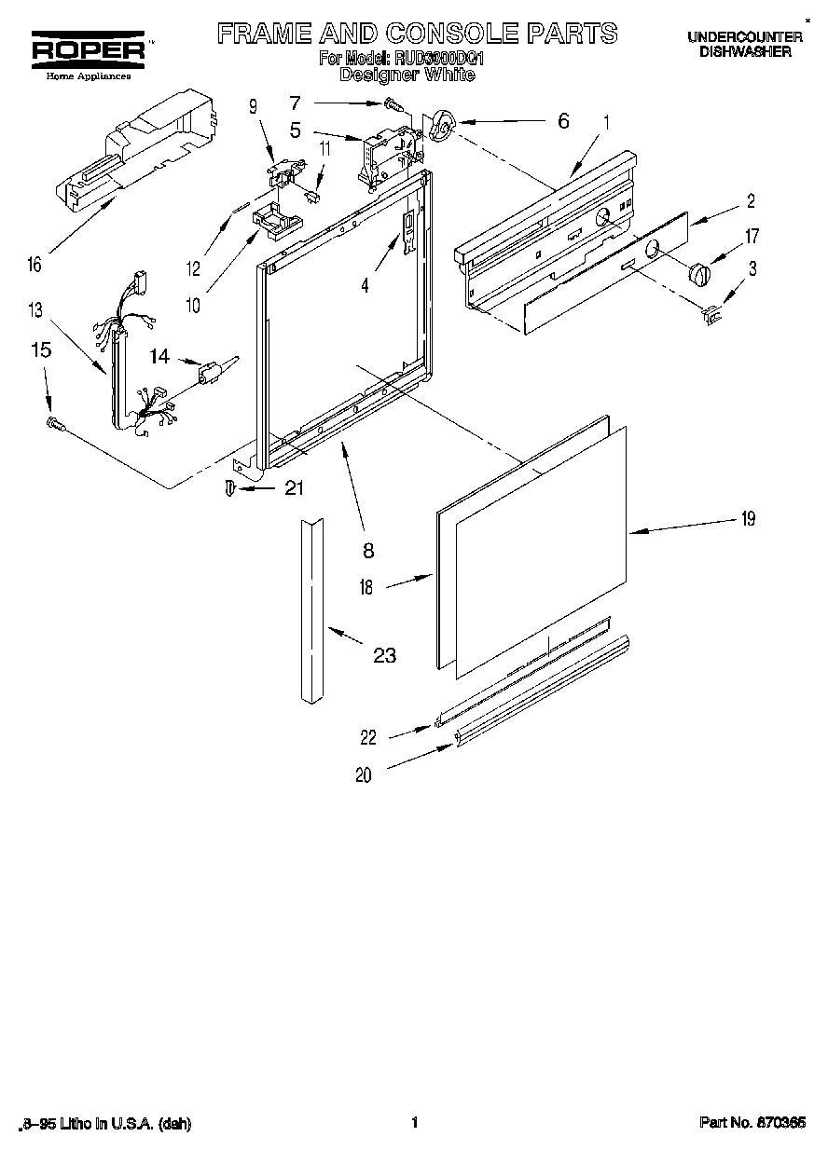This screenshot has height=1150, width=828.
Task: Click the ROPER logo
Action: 83,49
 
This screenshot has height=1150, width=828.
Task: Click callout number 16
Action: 34,265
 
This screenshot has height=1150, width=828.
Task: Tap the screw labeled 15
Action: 55,425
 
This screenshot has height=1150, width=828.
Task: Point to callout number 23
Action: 384,656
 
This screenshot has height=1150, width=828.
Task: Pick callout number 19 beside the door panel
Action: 747,519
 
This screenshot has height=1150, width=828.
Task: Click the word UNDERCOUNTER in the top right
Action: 745,37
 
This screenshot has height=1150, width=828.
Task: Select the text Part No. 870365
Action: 752,1124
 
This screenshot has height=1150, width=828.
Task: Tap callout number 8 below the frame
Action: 368,550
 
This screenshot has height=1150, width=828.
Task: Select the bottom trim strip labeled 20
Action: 541,690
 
